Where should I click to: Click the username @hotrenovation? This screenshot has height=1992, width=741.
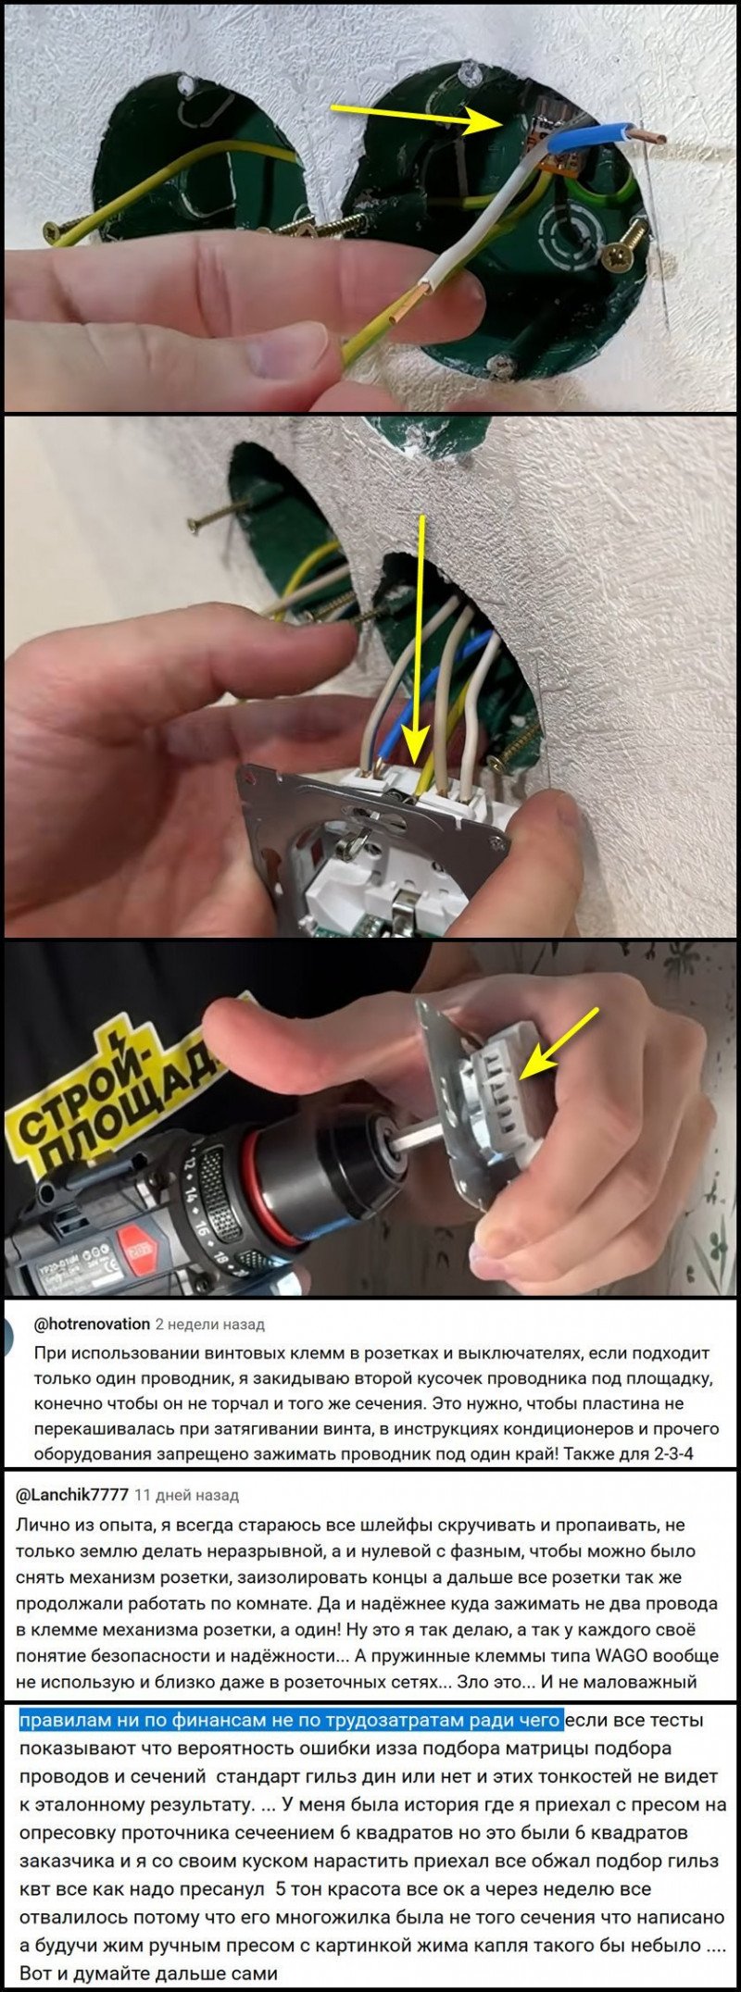pyautogui.click(x=92, y=1324)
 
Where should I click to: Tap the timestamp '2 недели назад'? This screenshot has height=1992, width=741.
pyautogui.click(x=209, y=1324)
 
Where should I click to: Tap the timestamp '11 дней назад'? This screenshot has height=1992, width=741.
pyautogui.click(x=186, y=1495)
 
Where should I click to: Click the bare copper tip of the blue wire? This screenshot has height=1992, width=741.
pyautogui.click(x=650, y=137)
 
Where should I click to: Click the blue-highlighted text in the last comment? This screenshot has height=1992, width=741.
pyautogui.click(x=291, y=1721)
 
